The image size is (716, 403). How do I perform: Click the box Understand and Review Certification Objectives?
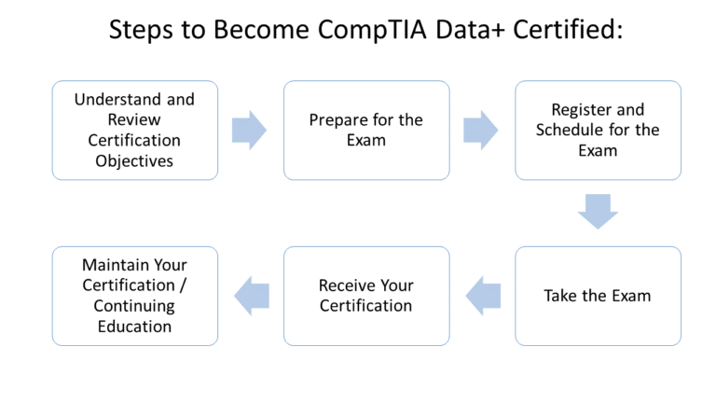click(x=135, y=130)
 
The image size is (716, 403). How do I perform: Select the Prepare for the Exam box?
click(x=366, y=130)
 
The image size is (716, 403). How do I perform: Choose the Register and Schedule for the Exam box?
click(x=598, y=130)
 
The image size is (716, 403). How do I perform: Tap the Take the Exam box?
click(x=598, y=296)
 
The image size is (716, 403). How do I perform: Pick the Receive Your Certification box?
click(x=366, y=296)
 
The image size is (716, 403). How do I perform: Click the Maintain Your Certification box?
click(x=135, y=296)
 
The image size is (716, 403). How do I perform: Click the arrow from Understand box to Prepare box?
click(x=250, y=130)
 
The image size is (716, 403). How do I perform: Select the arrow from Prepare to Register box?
click(x=481, y=130)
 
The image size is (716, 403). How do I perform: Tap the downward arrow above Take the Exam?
click(x=598, y=212)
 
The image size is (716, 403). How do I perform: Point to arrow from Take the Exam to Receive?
click(x=483, y=296)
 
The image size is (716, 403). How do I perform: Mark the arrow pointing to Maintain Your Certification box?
click(x=252, y=296)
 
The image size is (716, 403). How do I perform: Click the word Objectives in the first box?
click(x=135, y=160)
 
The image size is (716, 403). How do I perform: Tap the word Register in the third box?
click(x=583, y=110)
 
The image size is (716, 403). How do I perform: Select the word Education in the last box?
click(x=135, y=327)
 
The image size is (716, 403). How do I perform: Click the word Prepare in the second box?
click(x=337, y=120)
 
